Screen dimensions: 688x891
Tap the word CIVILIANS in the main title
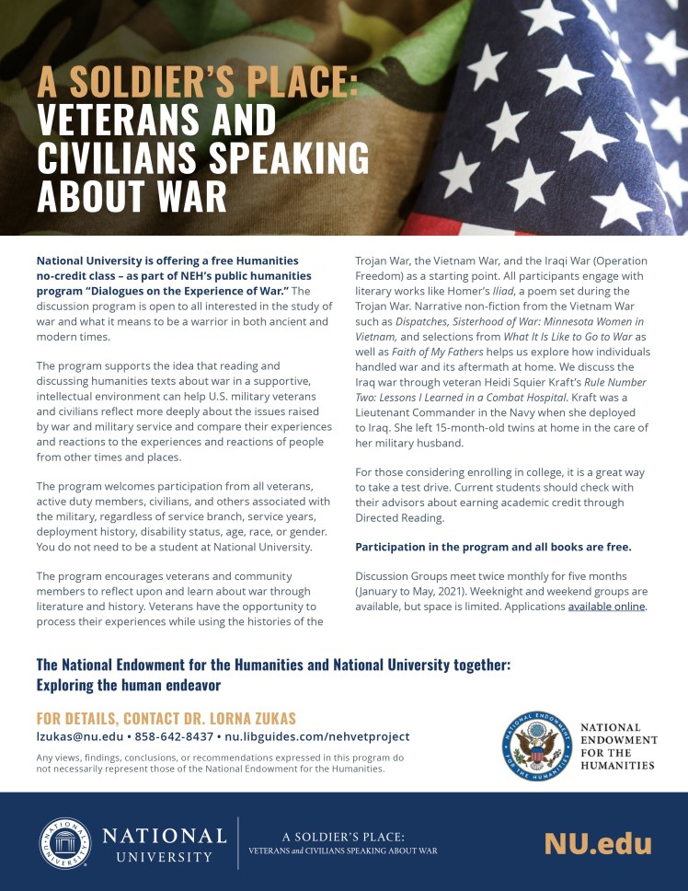pyautogui.click(x=114, y=158)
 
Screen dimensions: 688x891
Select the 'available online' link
pyautogui.click(x=607, y=606)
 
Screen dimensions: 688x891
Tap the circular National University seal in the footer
pyautogui.click(x=64, y=843)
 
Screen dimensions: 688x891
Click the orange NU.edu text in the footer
pyautogui.click(x=597, y=843)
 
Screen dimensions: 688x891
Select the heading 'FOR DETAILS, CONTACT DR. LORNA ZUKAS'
pyautogui.click(x=166, y=718)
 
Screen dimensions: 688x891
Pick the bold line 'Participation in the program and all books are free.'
pyautogui.click(x=493, y=546)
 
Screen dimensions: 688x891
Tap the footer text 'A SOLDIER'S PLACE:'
pyautogui.click(x=342, y=837)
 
